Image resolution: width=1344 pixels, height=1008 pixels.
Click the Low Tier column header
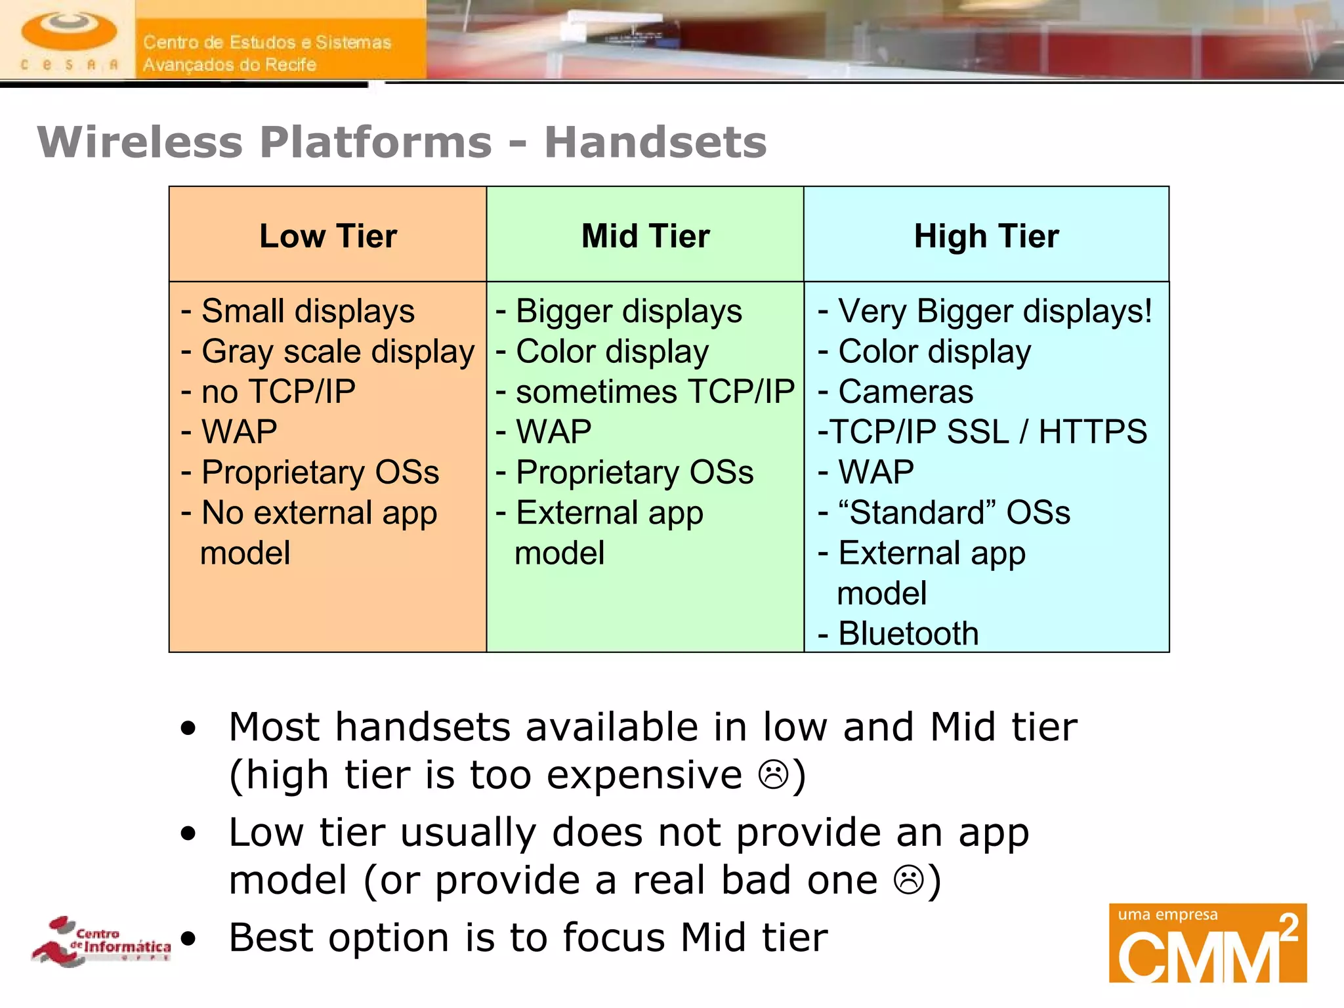tap(328, 236)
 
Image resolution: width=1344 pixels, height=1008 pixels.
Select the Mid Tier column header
tap(646, 236)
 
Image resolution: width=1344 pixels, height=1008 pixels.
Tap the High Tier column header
tap(986, 236)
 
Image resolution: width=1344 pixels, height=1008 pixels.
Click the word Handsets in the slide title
tap(655, 142)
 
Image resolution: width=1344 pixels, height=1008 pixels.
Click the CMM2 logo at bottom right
tap(1207, 943)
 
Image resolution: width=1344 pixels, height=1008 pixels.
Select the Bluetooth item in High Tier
tap(908, 633)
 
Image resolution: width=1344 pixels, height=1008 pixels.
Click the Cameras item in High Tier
tap(905, 392)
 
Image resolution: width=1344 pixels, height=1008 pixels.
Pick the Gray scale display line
tap(337, 352)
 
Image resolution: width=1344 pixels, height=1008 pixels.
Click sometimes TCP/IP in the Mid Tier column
tap(654, 392)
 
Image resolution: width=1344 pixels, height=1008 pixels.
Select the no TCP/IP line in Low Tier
tap(278, 392)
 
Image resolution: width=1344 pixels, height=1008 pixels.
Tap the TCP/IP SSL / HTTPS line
tap(982, 432)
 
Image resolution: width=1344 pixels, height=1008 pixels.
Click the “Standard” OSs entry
tap(954, 513)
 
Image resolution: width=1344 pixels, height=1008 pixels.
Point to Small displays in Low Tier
tap(307, 311)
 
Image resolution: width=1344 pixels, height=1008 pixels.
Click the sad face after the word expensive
tap(773, 774)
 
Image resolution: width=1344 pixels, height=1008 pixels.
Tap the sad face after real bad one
tap(909, 879)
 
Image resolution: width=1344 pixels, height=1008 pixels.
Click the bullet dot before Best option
tap(188, 938)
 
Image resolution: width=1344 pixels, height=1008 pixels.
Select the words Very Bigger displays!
tap(994, 311)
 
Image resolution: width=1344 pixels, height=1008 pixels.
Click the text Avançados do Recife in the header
tap(230, 64)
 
